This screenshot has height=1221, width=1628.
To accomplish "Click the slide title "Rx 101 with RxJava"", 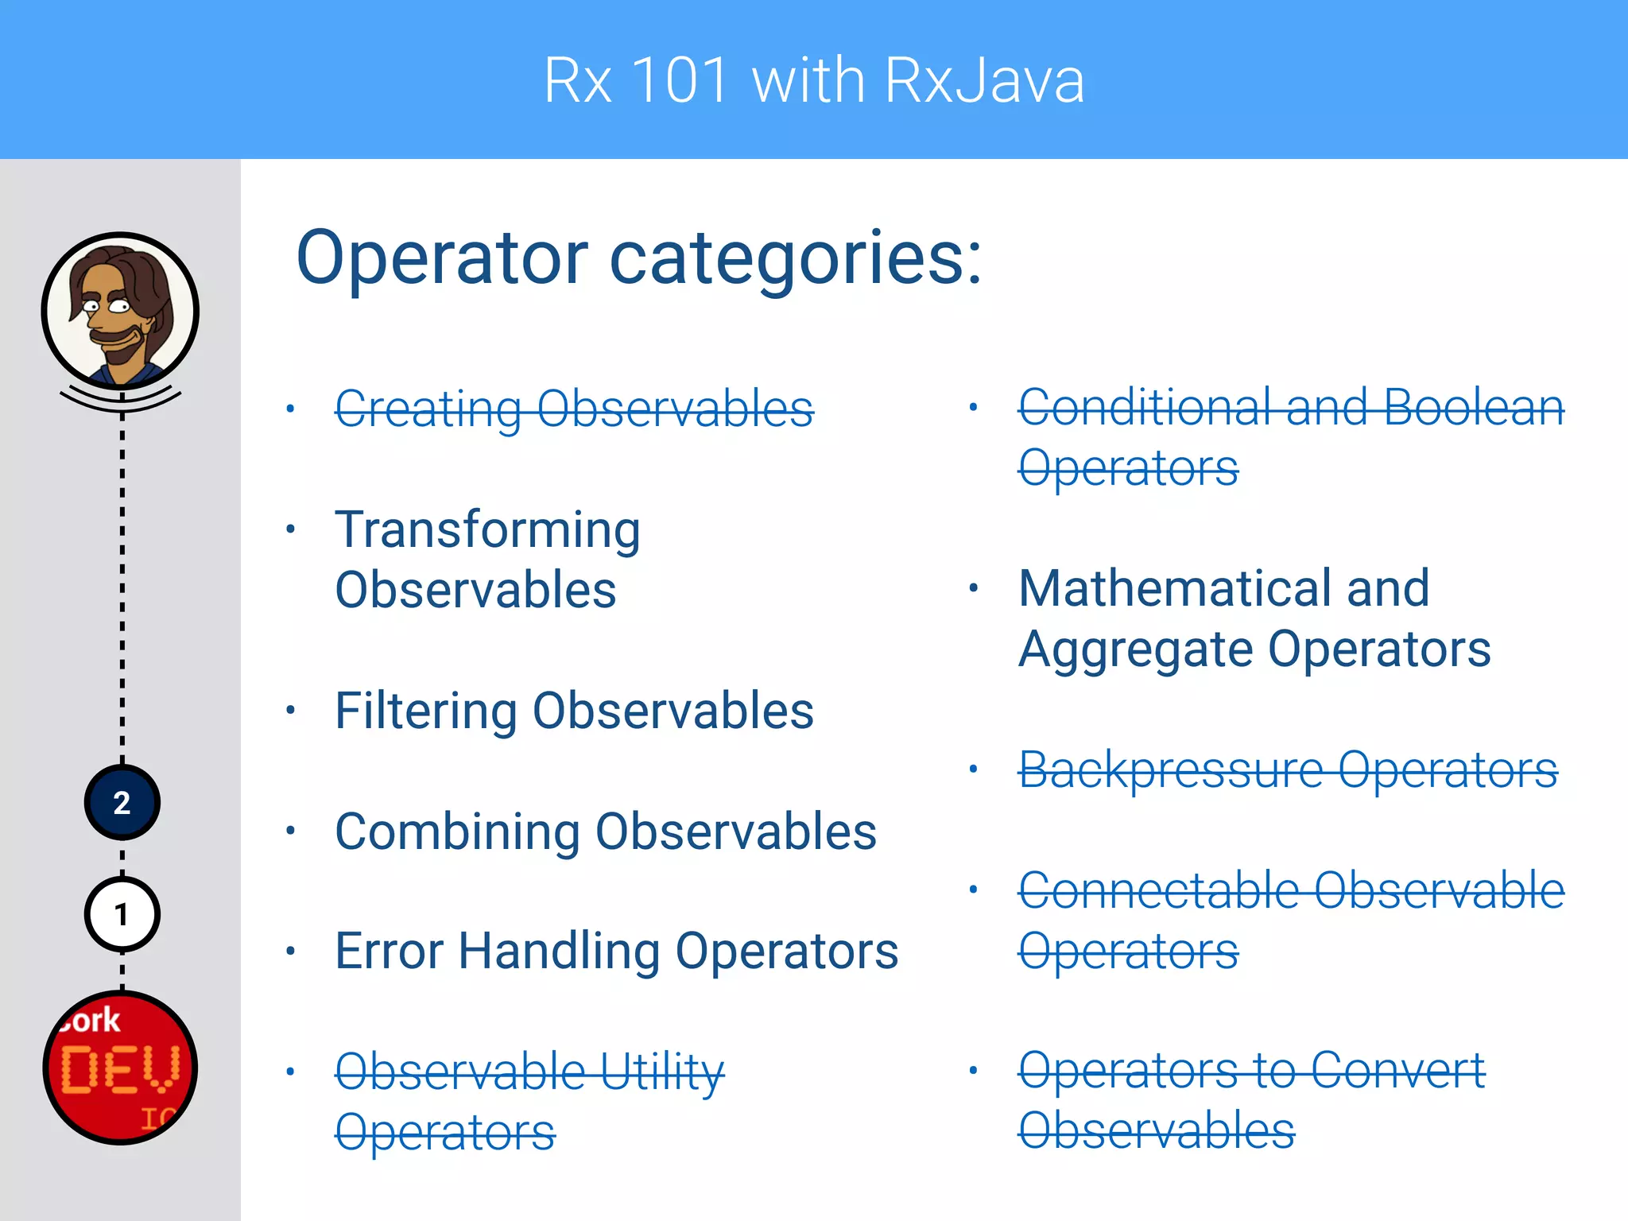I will coord(814,80).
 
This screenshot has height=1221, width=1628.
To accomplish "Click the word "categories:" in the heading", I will coord(796,258).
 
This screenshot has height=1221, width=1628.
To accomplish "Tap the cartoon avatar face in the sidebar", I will coord(120,310).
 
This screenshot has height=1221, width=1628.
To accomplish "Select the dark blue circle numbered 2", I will coord(122,803).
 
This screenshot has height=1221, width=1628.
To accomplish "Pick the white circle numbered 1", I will coord(122,915).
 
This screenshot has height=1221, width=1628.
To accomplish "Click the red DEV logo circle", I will coord(120,1068).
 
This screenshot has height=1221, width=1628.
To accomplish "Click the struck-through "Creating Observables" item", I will coord(574,409).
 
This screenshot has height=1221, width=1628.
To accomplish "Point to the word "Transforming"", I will coord(487,530).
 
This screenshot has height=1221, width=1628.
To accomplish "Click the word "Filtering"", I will coord(426,711).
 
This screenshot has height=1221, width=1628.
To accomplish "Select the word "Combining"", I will coord(457,832).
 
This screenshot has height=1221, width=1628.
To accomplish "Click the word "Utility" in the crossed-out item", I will coord(661,1072).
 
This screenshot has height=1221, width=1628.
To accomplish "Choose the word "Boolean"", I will coord(1474,408).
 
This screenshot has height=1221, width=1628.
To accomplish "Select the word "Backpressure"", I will coord(1170,770).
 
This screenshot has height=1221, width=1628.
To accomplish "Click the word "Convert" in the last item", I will coord(1397,1071).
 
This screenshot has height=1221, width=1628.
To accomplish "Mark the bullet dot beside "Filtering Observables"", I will coord(291,710).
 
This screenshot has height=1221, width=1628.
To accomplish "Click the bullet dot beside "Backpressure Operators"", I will coord(973,769).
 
